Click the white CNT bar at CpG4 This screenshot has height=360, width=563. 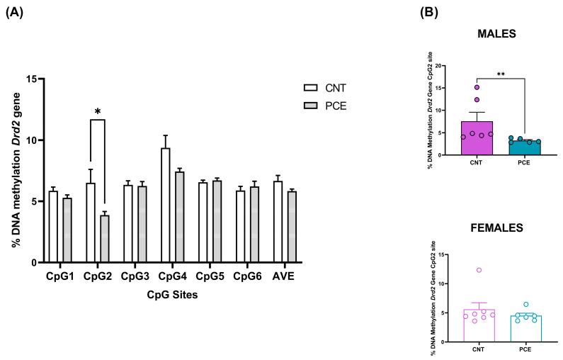(x=165, y=206)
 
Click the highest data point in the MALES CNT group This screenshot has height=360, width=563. (x=477, y=88)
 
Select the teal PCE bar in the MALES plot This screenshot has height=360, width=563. (x=524, y=147)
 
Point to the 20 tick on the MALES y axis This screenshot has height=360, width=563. (x=445, y=66)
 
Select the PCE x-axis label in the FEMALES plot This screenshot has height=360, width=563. (x=525, y=349)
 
